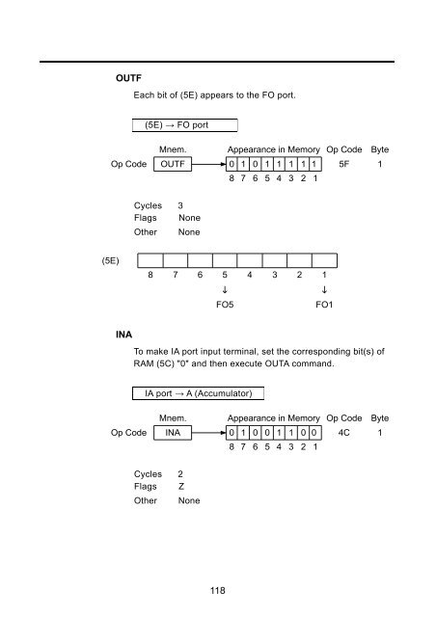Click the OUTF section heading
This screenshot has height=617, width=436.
[128, 78]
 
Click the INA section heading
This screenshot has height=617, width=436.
[123, 335]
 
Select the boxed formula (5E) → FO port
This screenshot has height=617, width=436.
[184, 125]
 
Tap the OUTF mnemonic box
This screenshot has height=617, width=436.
[173, 164]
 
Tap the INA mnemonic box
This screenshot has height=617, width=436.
[173, 433]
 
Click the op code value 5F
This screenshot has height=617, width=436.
[343, 164]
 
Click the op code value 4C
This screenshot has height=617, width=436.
[343, 433]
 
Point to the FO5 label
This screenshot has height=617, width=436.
[225, 305]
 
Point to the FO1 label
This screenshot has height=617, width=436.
[324, 305]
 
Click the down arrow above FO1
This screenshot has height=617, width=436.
[324, 290]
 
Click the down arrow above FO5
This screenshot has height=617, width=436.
[225, 290]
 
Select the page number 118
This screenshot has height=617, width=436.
[217, 590]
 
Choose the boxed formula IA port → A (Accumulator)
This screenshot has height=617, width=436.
[198, 393]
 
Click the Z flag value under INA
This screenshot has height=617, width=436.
[181, 486]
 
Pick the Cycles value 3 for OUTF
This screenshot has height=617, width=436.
[180, 205]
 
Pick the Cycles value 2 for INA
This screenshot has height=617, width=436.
[180, 473]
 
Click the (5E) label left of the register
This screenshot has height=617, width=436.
[110, 261]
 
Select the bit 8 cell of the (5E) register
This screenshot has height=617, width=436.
[150, 260]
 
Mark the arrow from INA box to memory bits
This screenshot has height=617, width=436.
[209, 433]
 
